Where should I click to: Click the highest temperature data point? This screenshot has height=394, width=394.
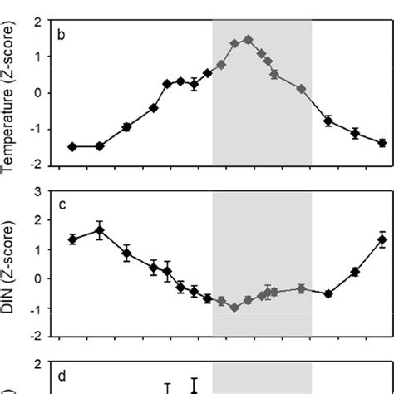(x=248, y=39)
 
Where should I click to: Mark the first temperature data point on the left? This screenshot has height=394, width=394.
(x=72, y=146)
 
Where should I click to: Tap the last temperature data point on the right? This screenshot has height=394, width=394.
(x=382, y=143)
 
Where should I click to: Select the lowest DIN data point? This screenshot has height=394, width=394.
(x=234, y=308)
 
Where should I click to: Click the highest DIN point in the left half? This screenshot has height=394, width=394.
(x=100, y=232)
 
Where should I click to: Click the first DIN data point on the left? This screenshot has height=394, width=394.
(x=72, y=239)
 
